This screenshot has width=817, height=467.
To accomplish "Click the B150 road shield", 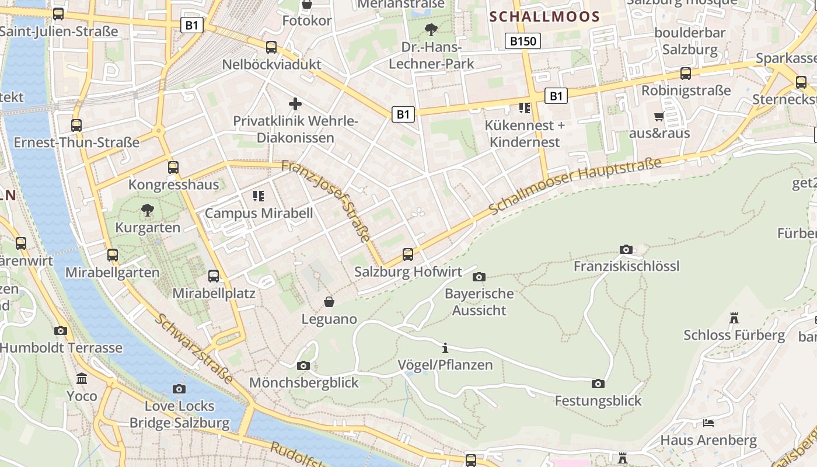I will click(522, 41).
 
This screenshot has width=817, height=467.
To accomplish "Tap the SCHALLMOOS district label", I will click(545, 16).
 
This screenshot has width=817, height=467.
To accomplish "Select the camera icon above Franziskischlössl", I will click(626, 250).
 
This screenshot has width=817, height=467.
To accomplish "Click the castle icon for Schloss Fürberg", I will click(734, 318).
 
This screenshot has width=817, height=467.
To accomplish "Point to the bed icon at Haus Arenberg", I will click(708, 423).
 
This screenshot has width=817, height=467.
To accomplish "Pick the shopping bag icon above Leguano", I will click(329, 302).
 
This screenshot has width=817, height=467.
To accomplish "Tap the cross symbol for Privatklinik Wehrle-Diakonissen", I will click(295, 104).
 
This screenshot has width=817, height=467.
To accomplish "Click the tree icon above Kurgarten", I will click(148, 210).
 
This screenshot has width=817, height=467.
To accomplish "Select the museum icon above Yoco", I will click(82, 379).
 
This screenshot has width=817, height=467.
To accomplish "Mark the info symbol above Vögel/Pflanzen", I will click(445, 348).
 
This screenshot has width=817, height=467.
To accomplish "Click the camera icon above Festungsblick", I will click(598, 384).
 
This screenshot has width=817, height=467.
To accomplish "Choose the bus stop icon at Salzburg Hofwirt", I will click(408, 255).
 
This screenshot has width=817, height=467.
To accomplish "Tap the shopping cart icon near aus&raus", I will click(659, 116).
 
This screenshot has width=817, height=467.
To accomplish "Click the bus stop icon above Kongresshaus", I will click(173, 168).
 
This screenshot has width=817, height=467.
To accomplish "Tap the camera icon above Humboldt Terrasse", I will click(61, 330).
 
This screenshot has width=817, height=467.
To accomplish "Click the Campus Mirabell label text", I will click(259, 213).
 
